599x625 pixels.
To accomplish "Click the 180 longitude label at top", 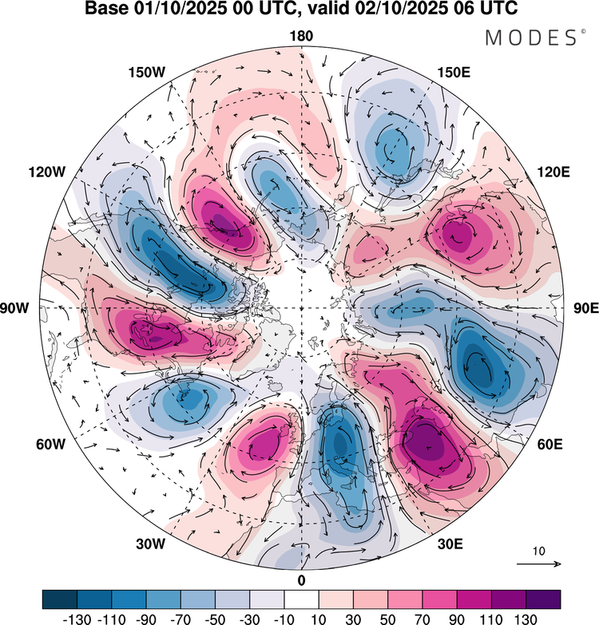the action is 301,36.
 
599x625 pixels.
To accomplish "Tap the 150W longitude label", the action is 147,73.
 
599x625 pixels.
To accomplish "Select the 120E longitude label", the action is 553,172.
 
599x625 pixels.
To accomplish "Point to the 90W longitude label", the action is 14,308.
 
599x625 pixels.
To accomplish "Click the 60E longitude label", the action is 550,444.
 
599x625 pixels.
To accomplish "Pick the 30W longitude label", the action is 150,544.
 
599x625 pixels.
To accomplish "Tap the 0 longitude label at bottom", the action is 301,580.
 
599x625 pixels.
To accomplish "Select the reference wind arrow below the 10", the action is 539,564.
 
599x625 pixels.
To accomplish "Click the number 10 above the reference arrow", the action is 539,551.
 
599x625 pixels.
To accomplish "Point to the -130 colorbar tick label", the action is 77,619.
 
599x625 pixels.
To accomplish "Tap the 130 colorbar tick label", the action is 526,619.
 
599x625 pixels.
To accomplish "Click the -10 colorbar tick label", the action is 284,619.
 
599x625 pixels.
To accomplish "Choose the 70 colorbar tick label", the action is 422,619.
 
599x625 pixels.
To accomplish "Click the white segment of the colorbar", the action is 301,599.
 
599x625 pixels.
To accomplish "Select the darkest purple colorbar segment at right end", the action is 543,599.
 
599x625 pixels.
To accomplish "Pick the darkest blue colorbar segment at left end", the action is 59,599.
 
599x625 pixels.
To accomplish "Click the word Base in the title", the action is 105,8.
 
